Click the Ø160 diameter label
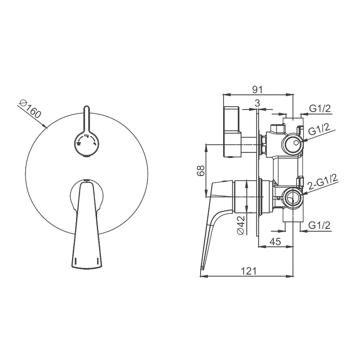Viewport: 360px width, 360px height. click(30, 109)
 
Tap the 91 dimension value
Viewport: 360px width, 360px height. click(257, 90)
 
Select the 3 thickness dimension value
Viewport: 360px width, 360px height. click(257, 103)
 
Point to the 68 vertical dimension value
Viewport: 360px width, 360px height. click(201, 171)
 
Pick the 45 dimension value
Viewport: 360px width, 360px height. click(275, 241)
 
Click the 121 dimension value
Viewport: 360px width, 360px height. click(248, 271)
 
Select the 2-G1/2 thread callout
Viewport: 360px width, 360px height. click(323, 182)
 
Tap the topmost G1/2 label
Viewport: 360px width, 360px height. click(320, 108)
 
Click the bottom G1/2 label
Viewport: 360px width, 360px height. click(319, 225)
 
